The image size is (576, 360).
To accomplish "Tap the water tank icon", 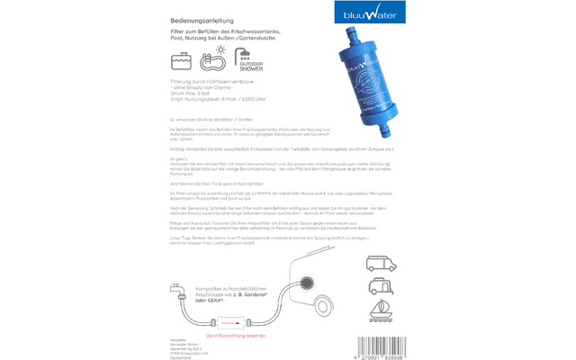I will (x=182, y=60).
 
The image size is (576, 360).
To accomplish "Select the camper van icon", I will (x=379, y=238).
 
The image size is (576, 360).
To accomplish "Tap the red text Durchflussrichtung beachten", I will (x=237, y=334).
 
